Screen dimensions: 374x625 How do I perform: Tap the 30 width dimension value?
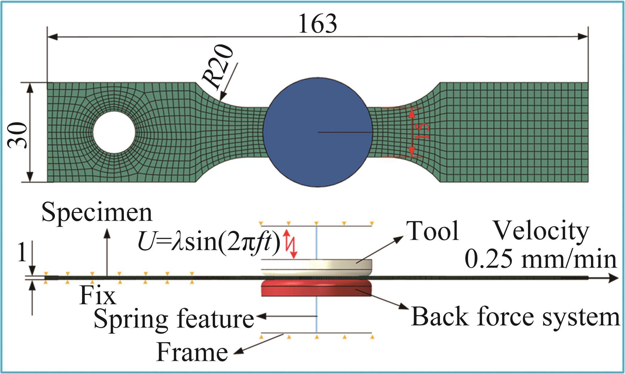click(x=17, y=135)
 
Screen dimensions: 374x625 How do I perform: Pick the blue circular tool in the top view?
click(x=318, y=132)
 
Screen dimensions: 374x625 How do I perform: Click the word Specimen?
click(x=97, y=213)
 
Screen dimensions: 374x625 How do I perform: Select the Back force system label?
click(x=515, y=317)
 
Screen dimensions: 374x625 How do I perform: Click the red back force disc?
click(x=316, y=289)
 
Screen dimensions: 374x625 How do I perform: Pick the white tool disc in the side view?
click(x=316, y=267)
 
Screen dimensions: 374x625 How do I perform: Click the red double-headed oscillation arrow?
click(x=290, y=243)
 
